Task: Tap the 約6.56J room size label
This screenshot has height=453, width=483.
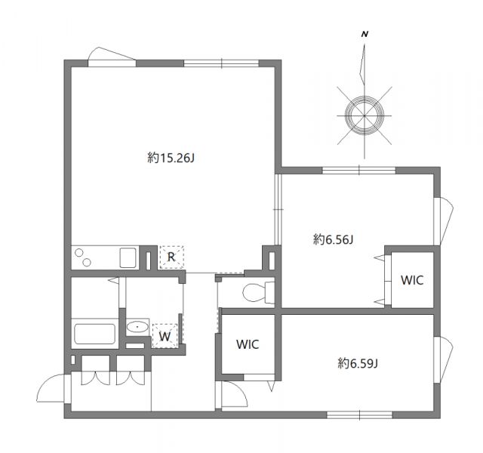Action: pyautogui.click(x=334, y=239)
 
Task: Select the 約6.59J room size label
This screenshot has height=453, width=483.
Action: pyautogui.click(x=357, y=363)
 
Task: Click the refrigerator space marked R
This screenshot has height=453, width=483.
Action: pyautogui.click(x=171, y=257)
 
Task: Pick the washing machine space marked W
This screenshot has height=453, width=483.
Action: pyautogui.click(x=165, y=335)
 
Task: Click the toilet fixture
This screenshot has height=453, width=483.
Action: pyautogui.click(x=258, y=291)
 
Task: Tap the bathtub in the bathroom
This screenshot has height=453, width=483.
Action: pyautogui.click(x=94, y=333)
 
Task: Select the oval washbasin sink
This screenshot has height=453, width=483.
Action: pyautogui.click(x=137, y=328)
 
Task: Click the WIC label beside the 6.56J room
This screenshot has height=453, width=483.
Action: pyautogui.click(x=412, y=280)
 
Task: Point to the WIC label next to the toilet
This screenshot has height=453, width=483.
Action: pyautogui.click(x=248, y=344)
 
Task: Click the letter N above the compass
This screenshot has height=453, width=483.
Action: pyautogui.click(x=365, y=35)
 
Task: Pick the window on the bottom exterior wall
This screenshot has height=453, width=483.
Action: pyautogui.click(x=359, y=414)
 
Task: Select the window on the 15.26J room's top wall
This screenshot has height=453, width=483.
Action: pyautogui.click(x=221, y=63)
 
